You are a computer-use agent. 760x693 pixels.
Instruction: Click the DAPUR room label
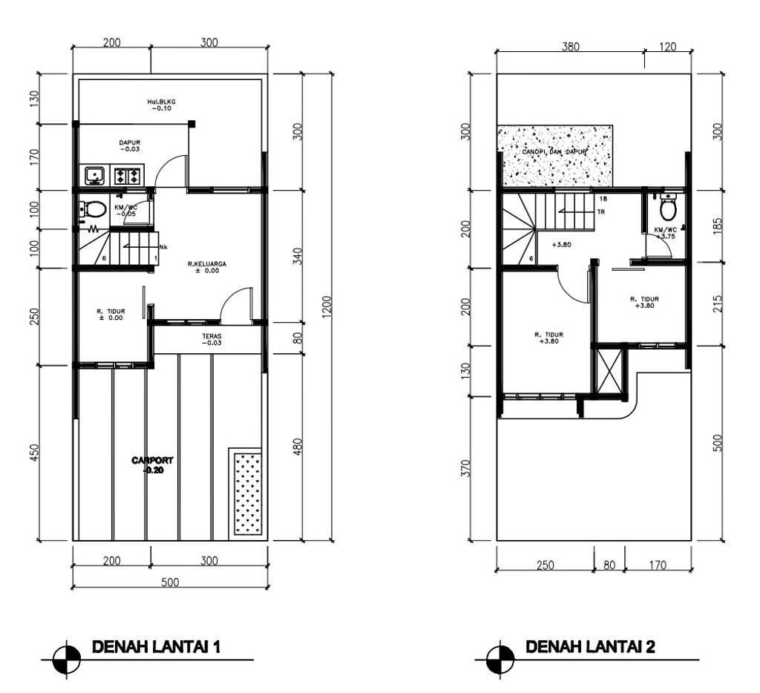pos(130,142)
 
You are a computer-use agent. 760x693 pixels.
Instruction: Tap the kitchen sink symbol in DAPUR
pos(94,176)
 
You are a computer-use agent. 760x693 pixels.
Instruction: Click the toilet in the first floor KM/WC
pos(94,209)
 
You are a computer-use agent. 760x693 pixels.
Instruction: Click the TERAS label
pos(212,336)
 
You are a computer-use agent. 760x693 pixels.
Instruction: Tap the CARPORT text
pos(152,461)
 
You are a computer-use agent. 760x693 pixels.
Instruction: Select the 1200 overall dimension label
pos(327,306)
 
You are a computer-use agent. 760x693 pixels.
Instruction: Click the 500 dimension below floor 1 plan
pos(170,582)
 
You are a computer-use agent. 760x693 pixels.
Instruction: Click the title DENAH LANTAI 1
pos(155,646)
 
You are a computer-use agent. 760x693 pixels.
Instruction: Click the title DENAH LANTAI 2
pos(590,646)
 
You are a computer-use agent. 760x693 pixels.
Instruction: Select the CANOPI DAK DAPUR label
pos(555,152)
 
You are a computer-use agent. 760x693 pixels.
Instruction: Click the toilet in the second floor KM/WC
pos(668,208)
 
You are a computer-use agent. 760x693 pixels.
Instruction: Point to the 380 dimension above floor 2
pos(570,46)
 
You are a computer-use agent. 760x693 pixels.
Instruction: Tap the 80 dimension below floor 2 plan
pos(609,565)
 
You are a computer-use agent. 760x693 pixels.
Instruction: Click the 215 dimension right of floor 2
pos(717,304)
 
